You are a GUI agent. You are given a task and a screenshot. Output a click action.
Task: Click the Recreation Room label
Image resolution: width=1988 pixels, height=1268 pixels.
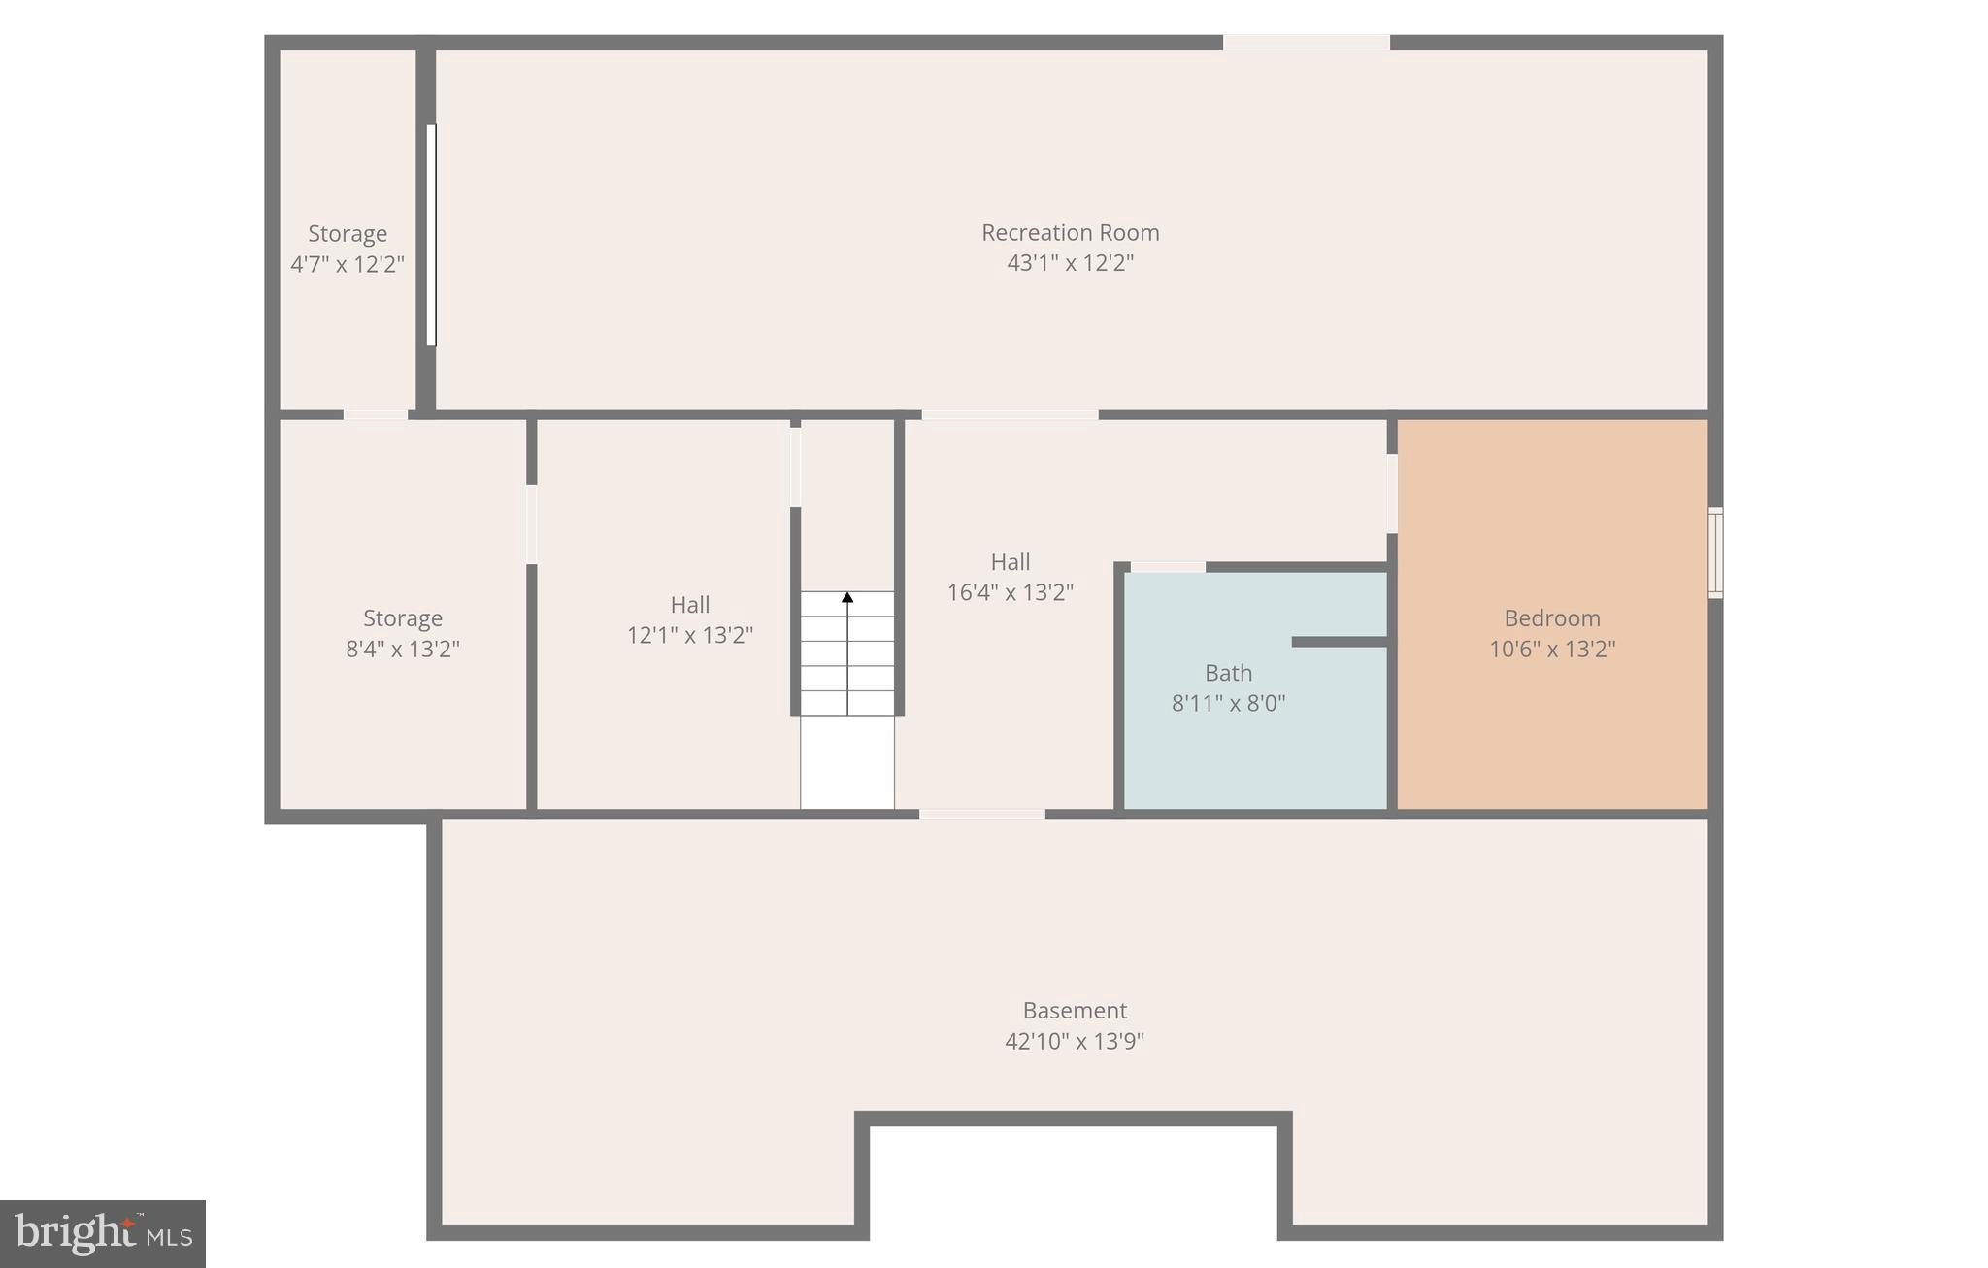(x=1070, y=233)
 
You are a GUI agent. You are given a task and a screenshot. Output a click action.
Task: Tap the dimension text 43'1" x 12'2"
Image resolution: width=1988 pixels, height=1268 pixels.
(x=1070, y=263)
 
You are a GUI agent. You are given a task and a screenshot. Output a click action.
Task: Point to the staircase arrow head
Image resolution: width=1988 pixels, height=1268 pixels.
(x=847, y=597)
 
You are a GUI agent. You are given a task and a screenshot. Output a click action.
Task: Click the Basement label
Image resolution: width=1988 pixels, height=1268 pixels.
(x=1075, y=1011)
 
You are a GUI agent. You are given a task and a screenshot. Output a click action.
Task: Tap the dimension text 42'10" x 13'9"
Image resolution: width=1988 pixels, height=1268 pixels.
(x=1075, y=1042)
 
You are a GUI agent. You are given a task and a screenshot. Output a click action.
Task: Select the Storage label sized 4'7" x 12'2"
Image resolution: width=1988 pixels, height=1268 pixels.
(x=348, y=234)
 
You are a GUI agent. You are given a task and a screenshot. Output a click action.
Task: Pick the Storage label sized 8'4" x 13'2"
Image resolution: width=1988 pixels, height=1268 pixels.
(x=403, y=618)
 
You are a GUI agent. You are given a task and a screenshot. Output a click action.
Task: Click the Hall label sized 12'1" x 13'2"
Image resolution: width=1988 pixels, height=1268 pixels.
(x=690, y=605)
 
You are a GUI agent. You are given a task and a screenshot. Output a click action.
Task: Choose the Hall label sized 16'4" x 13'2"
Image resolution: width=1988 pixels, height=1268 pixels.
(x=1011, y=562)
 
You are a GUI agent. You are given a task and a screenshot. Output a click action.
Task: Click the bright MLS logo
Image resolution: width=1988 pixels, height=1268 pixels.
(x=102, y=1233)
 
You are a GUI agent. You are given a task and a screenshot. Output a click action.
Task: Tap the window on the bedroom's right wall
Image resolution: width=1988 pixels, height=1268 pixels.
(x=1715, y=552)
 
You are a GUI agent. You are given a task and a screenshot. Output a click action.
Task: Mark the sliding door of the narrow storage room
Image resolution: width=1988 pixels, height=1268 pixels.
(x=431, y=234)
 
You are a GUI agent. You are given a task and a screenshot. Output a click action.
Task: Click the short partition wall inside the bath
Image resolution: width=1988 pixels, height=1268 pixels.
(x=1340, y=642)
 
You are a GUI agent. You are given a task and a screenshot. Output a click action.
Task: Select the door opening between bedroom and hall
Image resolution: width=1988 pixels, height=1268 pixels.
(x=1392, y=493)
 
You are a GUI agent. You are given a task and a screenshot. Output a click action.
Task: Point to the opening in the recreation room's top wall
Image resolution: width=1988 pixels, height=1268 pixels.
(x=1306, y=43)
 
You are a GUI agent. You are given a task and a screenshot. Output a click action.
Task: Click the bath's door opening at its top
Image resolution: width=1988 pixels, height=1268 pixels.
(x=1168, y=567)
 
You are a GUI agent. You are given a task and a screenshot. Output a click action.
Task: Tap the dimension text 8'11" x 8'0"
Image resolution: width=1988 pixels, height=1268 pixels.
(x=1228, y=704)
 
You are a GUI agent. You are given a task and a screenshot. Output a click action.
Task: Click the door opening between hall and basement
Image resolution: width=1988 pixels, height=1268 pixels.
(x=982, y=815)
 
